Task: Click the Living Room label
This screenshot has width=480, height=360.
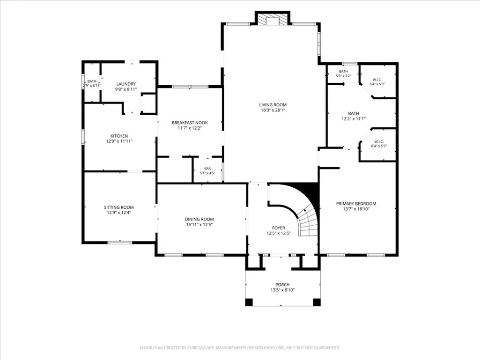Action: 273,105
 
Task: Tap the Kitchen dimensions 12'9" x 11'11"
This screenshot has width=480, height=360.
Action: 119,141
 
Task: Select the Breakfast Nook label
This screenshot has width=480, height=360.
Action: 190,123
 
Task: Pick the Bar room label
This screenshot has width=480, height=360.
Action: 207,169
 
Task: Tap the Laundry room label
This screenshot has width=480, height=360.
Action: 126,84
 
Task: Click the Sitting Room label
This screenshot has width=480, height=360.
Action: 119,207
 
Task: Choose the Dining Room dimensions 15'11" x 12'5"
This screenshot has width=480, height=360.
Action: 199,225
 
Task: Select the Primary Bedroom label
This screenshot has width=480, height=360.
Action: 356,204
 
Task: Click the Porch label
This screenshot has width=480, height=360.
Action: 282,284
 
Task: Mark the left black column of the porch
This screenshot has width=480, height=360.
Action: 249,302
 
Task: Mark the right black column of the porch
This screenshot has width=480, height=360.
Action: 317,302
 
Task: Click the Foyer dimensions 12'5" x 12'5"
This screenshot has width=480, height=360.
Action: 279,233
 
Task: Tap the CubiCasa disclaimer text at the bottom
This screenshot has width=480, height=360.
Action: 240,348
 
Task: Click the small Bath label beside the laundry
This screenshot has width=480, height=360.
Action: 92,81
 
